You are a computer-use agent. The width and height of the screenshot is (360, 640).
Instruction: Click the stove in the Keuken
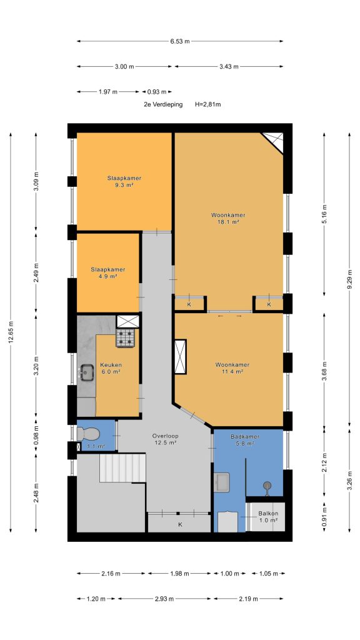coord(125,337)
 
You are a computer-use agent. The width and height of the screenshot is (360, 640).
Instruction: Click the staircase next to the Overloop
coord(122,467)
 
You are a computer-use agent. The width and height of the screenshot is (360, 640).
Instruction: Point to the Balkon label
coord(268,517)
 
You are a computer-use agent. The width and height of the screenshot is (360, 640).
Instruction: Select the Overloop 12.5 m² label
coord(164,439)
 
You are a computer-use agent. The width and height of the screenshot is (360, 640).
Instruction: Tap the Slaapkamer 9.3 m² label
coord(124,181)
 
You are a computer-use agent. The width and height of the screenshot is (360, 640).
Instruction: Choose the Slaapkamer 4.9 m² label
coord(107,272)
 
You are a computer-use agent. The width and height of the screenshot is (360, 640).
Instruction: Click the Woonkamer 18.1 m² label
coord(228,218)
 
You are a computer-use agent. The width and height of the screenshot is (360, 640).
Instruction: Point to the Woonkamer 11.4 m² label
coord(232,368)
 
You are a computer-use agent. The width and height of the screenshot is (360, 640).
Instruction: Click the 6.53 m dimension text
coord(180,41)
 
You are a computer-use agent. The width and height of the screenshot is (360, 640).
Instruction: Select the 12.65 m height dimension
coord(11,332)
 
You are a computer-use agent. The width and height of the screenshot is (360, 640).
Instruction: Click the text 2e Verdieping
coord(163,104)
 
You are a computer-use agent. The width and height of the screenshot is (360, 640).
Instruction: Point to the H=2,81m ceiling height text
coord(207,104)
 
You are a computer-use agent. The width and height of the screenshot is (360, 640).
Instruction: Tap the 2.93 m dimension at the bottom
coord(164,599)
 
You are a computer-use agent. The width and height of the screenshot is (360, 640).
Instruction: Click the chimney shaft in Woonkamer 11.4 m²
coord(180,357)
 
